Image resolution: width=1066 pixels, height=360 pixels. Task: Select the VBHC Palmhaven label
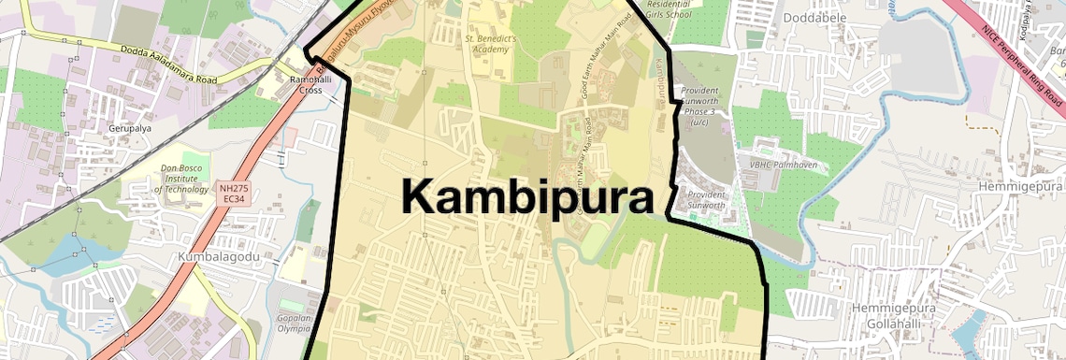(x=776, y=166)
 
